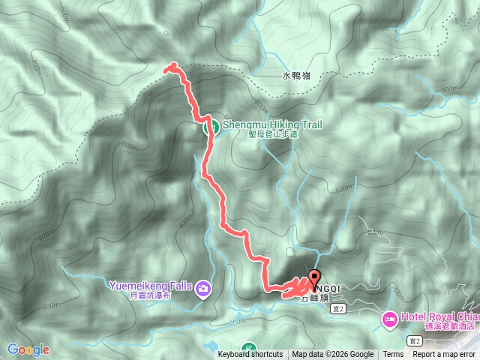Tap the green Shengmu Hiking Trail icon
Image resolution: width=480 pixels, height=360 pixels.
tap(212, 126)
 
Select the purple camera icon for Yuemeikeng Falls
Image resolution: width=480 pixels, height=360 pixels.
tap(203, 288)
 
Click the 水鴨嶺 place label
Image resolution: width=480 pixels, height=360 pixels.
tap(296, 76)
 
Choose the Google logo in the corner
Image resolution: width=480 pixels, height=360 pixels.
tap(28, 349)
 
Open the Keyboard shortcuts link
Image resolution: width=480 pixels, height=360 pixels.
tap(250, 355)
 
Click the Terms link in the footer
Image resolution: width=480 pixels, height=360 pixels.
tap(393, 355)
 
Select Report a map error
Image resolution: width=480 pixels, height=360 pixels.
tap(444, 355)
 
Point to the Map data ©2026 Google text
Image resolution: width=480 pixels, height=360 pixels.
tap(333, 355)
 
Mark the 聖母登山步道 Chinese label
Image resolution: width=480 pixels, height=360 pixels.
tap(273, 134)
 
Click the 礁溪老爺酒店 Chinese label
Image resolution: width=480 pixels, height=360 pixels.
tap(446, 326)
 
